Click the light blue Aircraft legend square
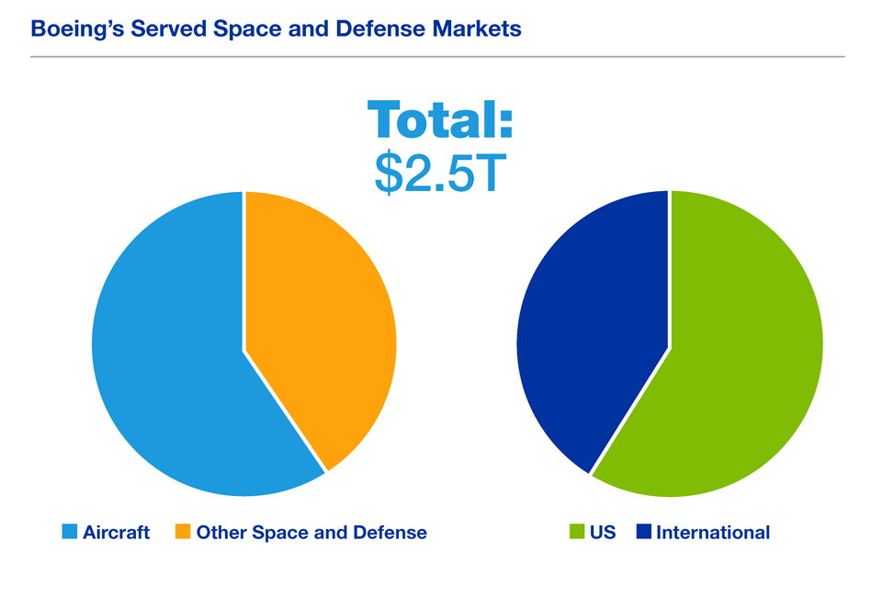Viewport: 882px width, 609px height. point(69,532)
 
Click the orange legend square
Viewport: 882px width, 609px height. point(183,532)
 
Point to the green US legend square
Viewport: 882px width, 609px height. point(577,532)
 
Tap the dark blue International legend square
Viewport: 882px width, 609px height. point(643,532)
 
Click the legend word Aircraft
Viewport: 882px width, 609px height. point(116,532)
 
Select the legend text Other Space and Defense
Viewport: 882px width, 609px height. point(311,532)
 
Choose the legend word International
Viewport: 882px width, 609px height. point(713,532)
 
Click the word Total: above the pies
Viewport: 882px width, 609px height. point(439,121)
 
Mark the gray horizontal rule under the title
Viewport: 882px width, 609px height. point(437,57)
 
